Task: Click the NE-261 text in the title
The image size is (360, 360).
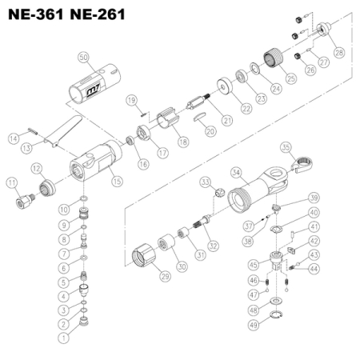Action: pos(98,15)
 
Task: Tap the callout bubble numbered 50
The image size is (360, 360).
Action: pos(85,56)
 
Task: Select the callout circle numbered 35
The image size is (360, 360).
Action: pos(286,147)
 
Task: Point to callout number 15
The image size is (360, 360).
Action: pos(118,182)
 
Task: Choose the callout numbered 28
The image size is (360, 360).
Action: pos(339,52)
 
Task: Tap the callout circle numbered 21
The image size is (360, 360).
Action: pos(226,121)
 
